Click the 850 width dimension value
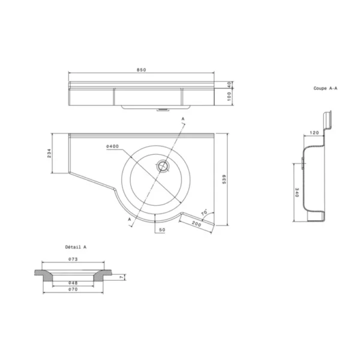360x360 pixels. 142,70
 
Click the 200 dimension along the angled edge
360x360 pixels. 195,223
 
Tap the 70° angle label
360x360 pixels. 203,212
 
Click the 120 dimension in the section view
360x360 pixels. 313,132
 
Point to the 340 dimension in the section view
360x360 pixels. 296,192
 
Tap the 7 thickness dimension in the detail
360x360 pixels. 121,277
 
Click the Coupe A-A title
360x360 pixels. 325,88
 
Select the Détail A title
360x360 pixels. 76,247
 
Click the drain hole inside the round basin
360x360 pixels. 162,166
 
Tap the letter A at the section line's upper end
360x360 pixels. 183,119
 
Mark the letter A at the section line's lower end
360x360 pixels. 129,220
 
